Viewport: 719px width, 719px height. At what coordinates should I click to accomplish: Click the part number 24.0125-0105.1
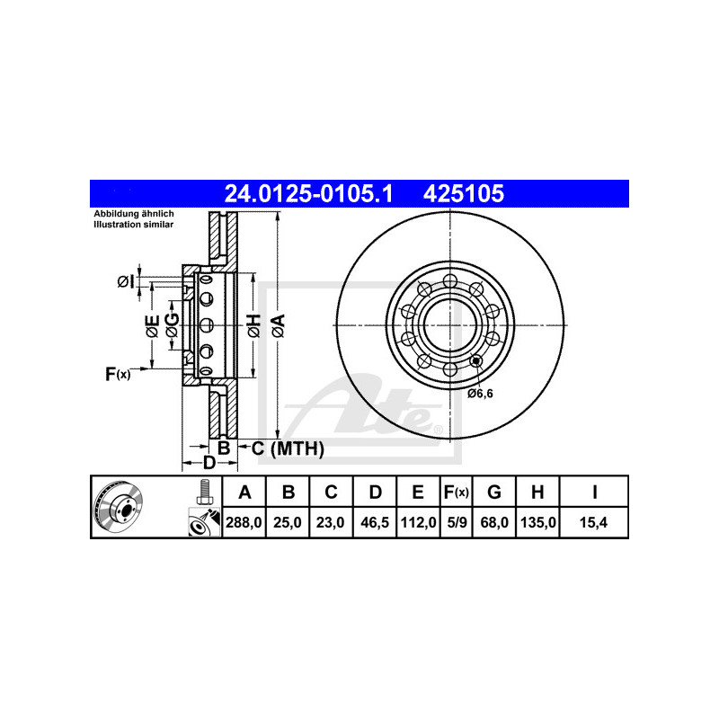(x=308, y=193)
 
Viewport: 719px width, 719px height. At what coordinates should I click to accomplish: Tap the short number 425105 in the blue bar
(x=464, y=193)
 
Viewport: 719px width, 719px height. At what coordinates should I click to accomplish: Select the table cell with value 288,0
(x=244, y=522)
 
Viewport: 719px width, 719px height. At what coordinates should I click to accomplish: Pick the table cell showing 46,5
(x=375, y=522)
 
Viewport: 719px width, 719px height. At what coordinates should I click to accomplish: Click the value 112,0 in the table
(x=418, y=522)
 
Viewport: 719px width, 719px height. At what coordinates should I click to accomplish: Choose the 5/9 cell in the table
(x=457, y=522)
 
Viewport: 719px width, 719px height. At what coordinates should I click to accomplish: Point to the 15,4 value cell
(x=593, y=522)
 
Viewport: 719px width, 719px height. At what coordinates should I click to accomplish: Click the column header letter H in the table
(x=537, y=492)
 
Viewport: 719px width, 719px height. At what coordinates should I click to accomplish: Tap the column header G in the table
(x=493, y=492)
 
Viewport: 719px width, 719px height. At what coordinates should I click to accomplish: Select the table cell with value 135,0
(x=537, y=522)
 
